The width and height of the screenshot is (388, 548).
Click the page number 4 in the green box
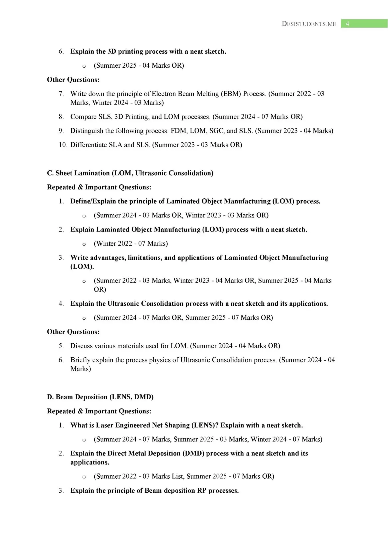(x=347, y=24)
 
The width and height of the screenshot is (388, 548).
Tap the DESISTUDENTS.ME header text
(x=309, y=24)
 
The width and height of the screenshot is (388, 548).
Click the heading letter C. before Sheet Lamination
(x=50, y=173)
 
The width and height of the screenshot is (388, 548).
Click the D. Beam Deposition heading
(x=100, y=397)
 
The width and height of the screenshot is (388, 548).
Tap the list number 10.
(x=63, y=145)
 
